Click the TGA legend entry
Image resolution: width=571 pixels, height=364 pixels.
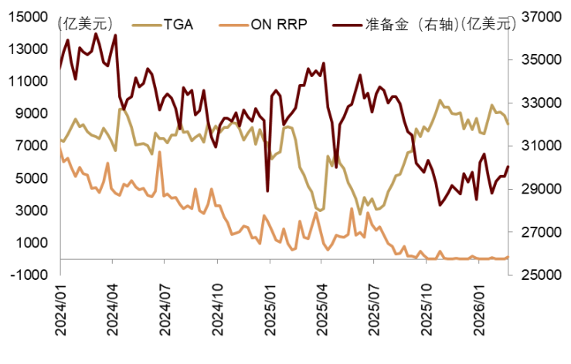tap(177, 24)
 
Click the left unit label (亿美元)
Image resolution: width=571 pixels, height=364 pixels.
tap(86, 24)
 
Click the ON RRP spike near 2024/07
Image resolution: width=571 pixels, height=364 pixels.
tap(159, 153)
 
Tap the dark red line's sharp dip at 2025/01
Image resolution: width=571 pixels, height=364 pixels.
tap(267, 190)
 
